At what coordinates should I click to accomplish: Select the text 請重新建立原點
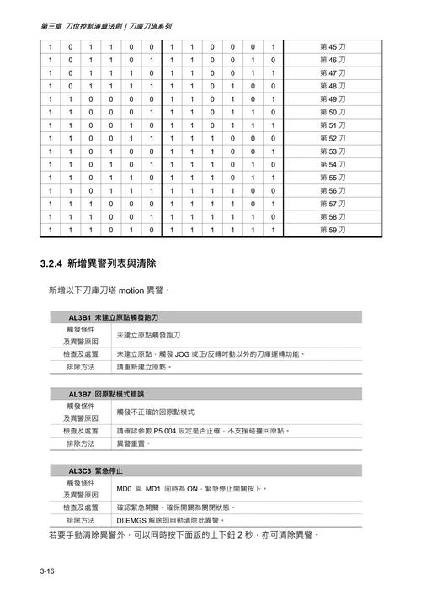click(143, 367)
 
